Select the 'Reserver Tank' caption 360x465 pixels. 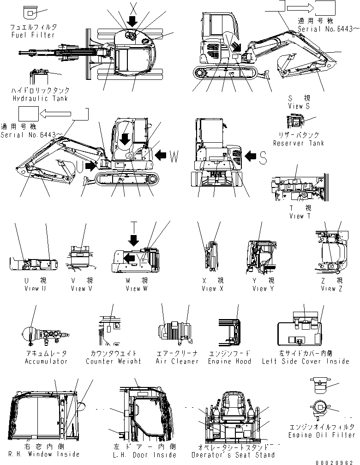pyautogui.click(x=298, y=143)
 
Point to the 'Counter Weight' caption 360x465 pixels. pyautogui.click(x=114, y=361)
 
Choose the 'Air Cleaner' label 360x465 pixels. pyautogui.click(x=177, y=361)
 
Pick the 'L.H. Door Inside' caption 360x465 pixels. pyautogui.click(x=144, y=455)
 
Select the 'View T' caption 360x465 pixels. pyautogui.click(x=300, y=216)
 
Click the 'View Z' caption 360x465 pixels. pyautogui.click(x=329, y=289)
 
